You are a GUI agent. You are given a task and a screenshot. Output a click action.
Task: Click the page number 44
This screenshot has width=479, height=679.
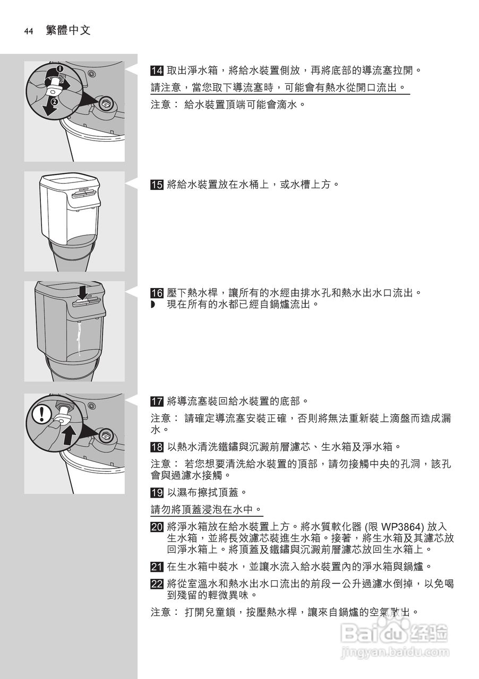tap(29, 31)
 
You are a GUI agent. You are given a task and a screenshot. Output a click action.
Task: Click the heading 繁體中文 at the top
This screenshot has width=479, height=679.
tap(68, 31)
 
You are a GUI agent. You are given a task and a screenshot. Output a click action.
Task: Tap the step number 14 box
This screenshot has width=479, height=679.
tap(157, 71)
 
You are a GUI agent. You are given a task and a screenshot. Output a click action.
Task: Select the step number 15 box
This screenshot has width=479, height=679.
tap(157, 185)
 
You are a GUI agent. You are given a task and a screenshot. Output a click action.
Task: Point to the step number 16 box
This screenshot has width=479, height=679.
tap(157, 293)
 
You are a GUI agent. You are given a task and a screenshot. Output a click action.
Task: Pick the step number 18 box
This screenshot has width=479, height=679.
tap(157, 447)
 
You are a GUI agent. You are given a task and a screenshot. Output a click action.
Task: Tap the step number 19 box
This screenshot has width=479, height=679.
tap(157, 492)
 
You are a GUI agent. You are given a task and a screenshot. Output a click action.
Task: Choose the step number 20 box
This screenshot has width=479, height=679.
tap(157, 527)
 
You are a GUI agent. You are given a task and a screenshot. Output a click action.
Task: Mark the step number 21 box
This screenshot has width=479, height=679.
tap(157, 567)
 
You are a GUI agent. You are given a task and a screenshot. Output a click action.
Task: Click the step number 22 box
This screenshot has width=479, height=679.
tap(157, 584)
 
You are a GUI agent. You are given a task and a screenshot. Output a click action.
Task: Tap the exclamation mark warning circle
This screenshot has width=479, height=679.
tap(40, 414)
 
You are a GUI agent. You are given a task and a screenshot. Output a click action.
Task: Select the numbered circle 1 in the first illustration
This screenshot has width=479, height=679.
tap(60, 69)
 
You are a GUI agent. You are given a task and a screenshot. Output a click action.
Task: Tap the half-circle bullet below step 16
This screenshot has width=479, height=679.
tap(153, 304)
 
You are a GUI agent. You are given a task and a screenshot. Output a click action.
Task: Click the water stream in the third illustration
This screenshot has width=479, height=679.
tap(80, 339)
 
